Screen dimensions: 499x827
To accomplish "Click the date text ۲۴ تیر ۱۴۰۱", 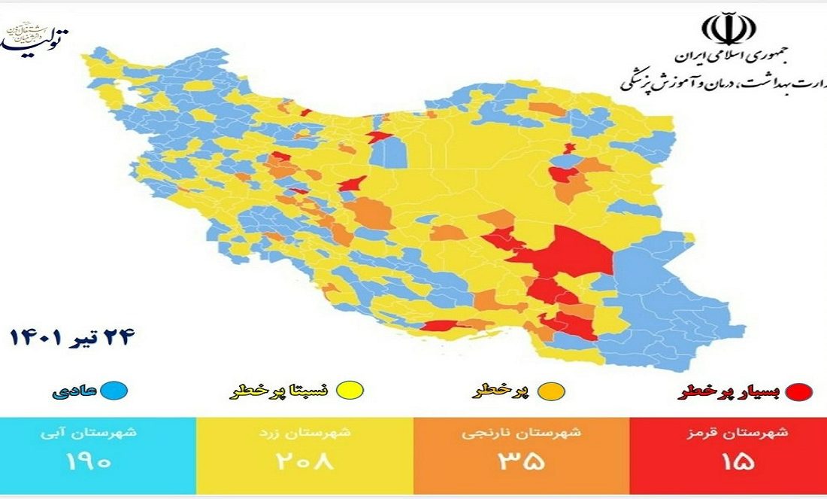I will [x=72, y=337].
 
